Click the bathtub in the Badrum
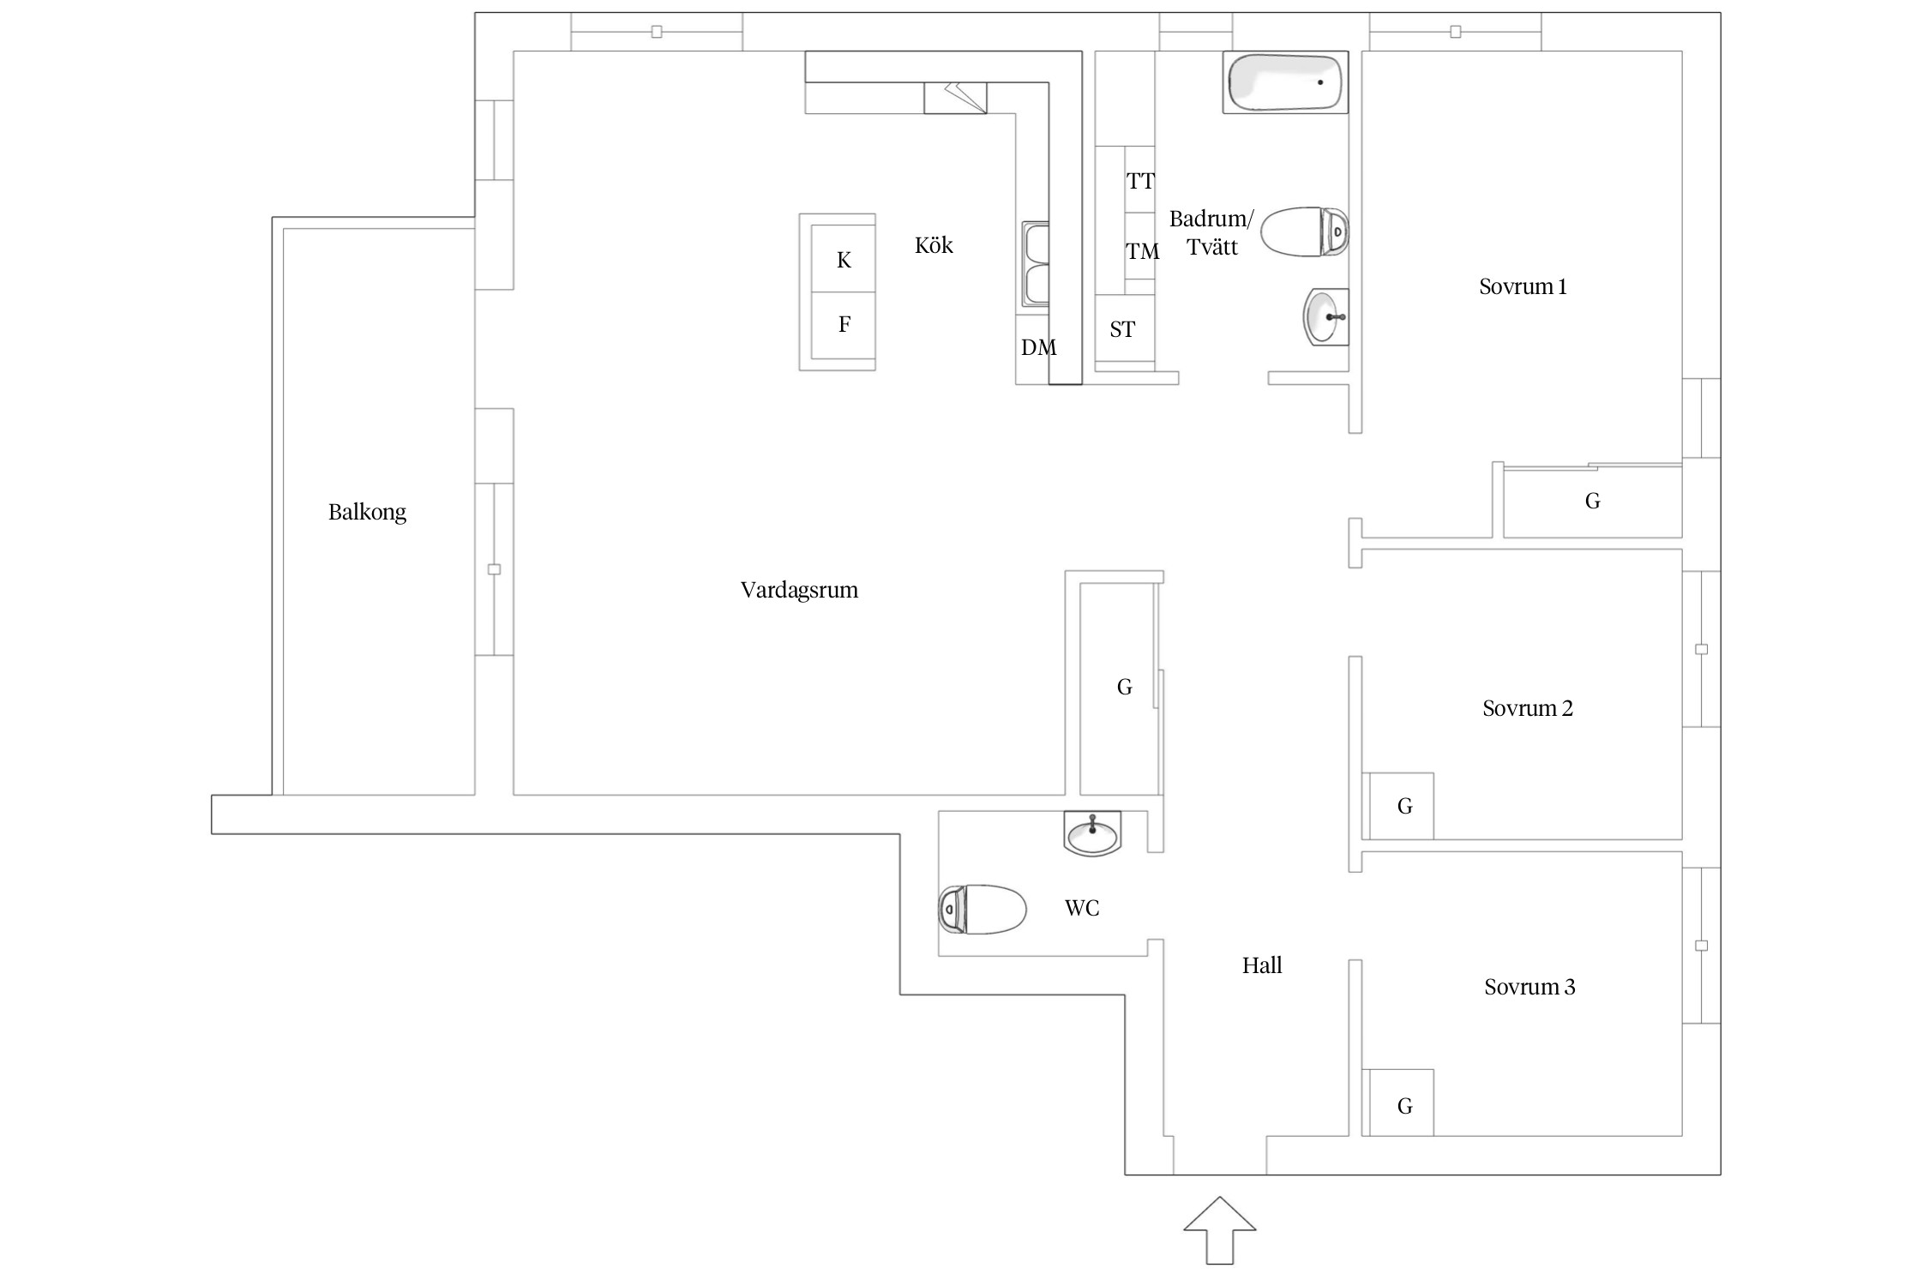click(x=1284, y=82)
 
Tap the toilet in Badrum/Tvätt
click(x=1303, y=231)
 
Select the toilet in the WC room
click(x=983, y=909)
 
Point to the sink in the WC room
click(x=1092, y=833)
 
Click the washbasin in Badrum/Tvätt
click(x=1325, y=316)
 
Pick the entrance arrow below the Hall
click(x=1219, y=1229)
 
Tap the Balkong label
click(x=367, y=512)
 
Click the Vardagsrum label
click(x=799, y=590)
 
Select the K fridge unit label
click(x=844, y=260)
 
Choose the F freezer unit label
click(x=844, y=324)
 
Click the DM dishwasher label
click(x=1038, y=347)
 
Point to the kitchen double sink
click(x=1036, y=264)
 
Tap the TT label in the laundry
click(x=1140, y=181)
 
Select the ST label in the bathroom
click(x=1122, y=329)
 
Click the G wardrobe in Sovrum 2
click(x=1404, y=806)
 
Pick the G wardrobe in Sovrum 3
click(x=1404, y=1106)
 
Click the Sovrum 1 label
click(x=1523, y=286)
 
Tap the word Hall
click(x=1262, y=965)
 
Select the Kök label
click(x=934, y=245)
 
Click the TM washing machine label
click(x=1142, y=251)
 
